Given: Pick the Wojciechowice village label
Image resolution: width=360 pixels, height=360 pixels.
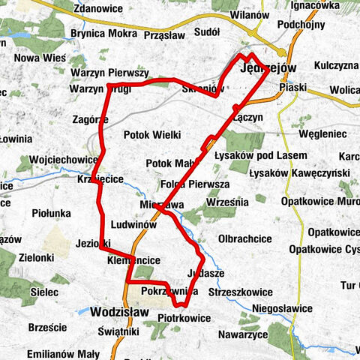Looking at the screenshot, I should (64, 160).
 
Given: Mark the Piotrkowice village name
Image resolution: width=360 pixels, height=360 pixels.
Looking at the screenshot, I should (184, 319).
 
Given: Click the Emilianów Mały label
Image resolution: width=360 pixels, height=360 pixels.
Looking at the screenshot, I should (63, 354).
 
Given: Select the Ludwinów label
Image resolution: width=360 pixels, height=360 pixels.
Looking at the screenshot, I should (133, 224).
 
